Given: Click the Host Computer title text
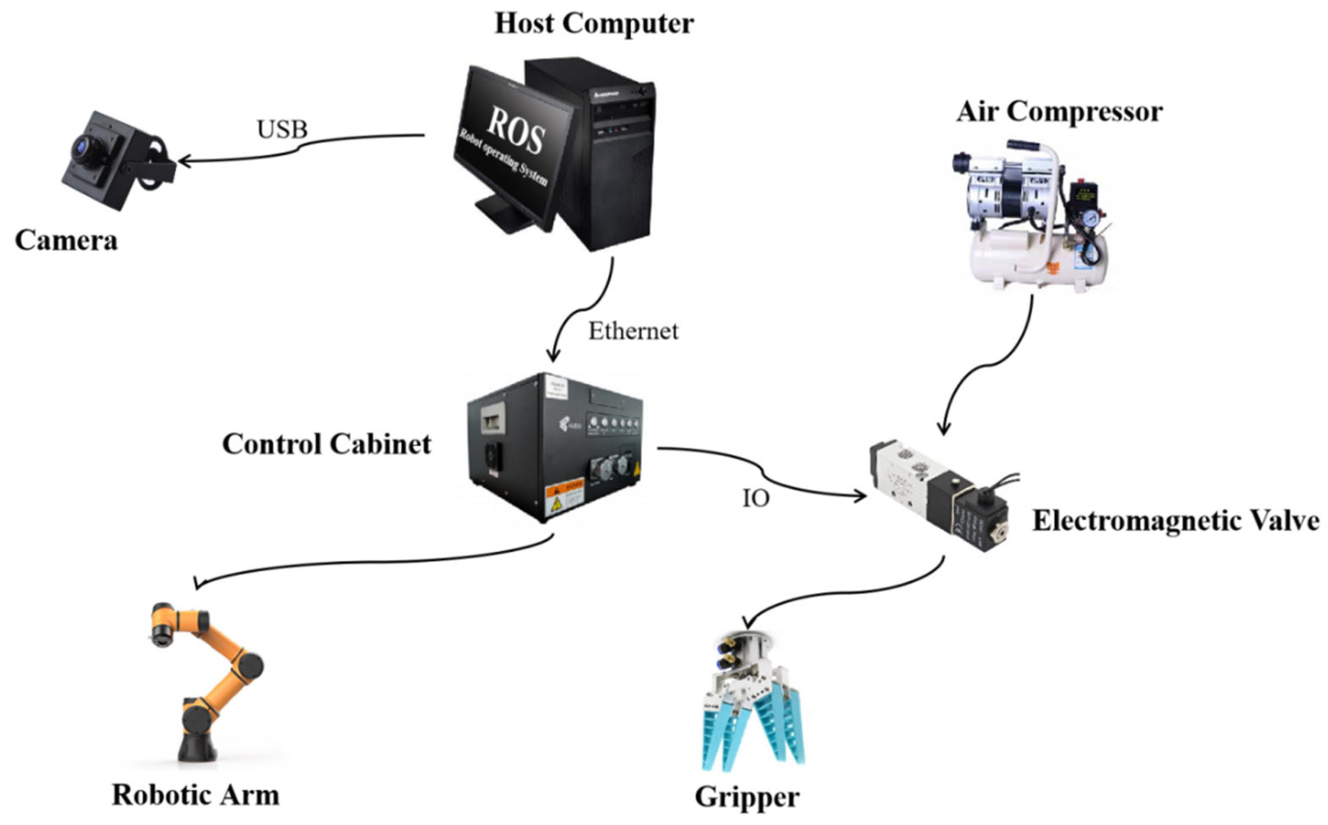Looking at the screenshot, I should (x=594, y=23).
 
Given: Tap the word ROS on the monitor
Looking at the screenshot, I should (x=515, y=129).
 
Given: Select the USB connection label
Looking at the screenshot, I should (x=282, y=129).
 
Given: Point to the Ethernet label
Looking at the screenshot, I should (x=633, y=331).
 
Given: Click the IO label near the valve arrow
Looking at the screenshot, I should (x=756, y=498).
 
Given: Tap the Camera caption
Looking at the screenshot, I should (x=66, y=240).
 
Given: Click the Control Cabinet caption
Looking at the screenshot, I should (x=327, y=444).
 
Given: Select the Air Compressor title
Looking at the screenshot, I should (x=1059, y=112).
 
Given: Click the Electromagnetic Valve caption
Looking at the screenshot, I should (x=1176, y=521).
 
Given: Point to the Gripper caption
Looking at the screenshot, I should (x=747, y=797).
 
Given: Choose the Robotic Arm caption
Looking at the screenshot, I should (x=195, y=795).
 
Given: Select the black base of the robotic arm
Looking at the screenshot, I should (x=197, y=748).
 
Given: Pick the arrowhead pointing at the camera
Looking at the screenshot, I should (x=182, y=162).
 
